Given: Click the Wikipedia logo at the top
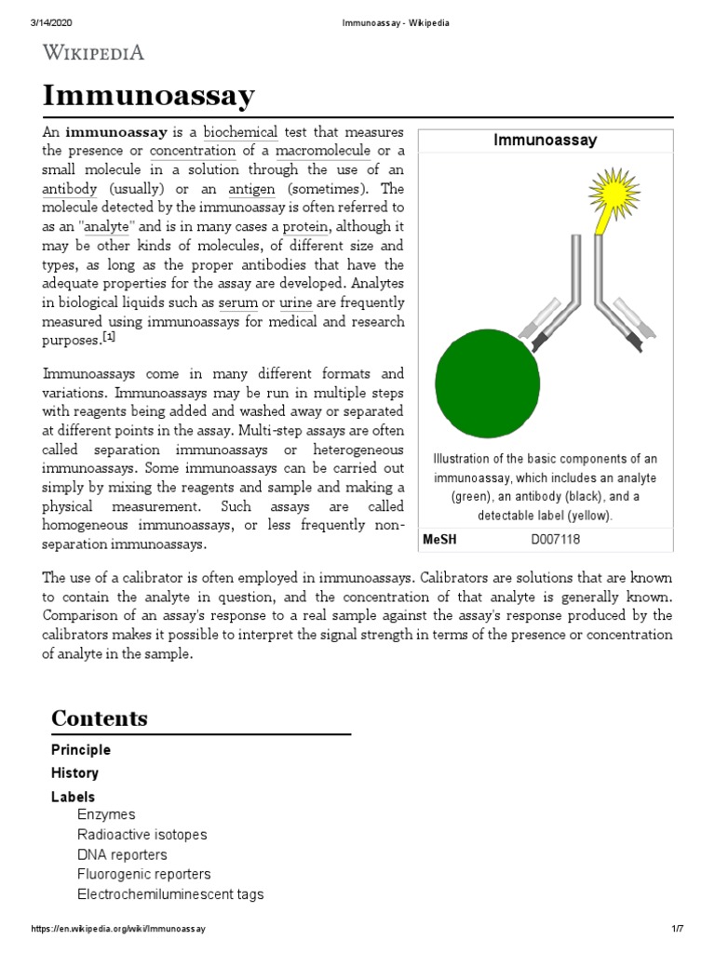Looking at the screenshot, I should coord(93,52).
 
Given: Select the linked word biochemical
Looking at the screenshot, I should coord(240,132).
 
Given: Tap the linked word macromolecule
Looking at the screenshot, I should coord(322,151).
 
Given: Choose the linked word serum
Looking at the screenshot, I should coord(237,303).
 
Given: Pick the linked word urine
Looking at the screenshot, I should coord(295,303).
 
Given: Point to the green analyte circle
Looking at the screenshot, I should coord(487,384).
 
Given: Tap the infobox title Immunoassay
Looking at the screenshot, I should coord(545,141).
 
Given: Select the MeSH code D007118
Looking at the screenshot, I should coord(555,539).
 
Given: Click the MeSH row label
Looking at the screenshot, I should coord(439,539).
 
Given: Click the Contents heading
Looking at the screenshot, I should coord(100,718).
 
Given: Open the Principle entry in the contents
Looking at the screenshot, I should coord(81,750).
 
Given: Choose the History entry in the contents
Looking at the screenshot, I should coord(74,773).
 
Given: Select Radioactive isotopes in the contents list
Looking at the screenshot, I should coord(142,835).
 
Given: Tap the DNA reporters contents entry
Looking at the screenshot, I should coord(122,854).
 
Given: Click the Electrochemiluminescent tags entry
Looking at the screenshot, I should coord(170,894).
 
